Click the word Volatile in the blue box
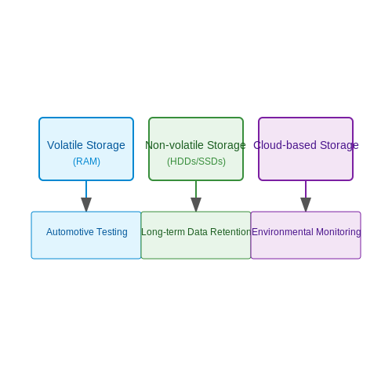click(65, 145)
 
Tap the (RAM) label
click(86, 162)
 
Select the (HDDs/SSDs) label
click(196, 162)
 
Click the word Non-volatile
click(175, 145)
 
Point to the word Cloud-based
click(285, 145)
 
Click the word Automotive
click(70, 232)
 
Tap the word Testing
click(112, 232)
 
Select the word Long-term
click(163, 232)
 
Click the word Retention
click(230, 232)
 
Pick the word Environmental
click(282, 232)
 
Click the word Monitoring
click(339, 232)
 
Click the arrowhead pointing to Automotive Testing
click(86, 205)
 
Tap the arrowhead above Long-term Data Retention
click(196, 205)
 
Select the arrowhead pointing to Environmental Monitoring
click(306, 205)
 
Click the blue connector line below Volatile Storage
click(86, 189)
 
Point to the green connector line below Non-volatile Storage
click(196, 189)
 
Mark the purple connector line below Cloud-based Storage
click(306, 189)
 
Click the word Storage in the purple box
click(339, 145)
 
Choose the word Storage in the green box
click(227, 145)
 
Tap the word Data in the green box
click(198, 232)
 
